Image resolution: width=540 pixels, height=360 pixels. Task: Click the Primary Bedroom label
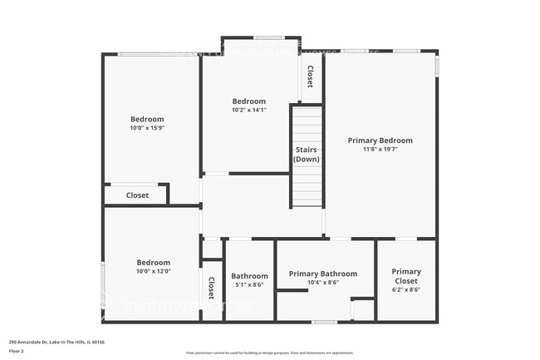click(x=380, y=141)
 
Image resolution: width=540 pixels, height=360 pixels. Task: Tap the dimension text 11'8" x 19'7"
click(x=380, y=150)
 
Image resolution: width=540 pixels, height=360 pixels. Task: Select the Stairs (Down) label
click(x=306, y=154)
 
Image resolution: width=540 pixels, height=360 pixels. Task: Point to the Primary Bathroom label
click(x=322, y=274)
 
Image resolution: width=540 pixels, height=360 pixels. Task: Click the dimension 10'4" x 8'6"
click(x=322, y=283)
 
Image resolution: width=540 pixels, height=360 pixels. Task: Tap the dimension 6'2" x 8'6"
click(x=406, y=289)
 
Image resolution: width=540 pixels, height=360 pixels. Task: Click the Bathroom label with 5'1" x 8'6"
click(x=249, y=276)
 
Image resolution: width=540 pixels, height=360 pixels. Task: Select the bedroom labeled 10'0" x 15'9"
click(x=147, y=119)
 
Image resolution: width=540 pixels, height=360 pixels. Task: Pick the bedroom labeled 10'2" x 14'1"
click(x=248, y=101)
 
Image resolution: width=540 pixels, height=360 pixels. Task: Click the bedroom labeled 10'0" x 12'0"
click(x=153, y=262)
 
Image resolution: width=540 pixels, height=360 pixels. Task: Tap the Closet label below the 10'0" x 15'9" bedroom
click(x=137, y=195)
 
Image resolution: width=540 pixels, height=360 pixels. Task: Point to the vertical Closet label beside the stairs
click(x=310, y=77)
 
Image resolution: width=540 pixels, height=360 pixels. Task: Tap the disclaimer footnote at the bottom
click(x=269, y=353)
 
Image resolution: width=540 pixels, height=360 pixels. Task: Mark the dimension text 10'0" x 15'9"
click(x=147, y=128)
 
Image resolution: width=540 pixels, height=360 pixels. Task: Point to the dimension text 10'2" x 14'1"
click(x=248, y=110)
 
